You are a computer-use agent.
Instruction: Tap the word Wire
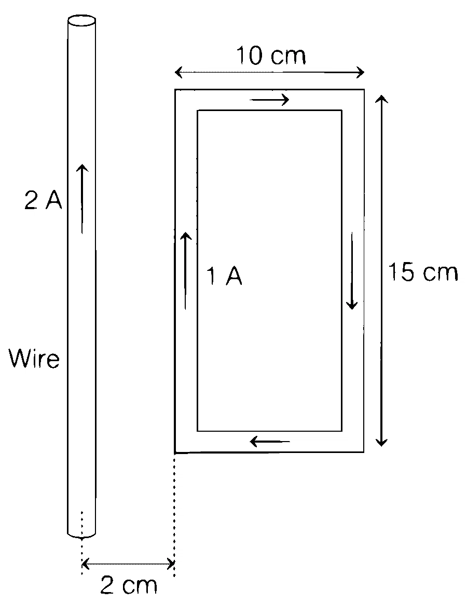pos(34,359)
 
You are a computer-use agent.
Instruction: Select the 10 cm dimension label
pos(271,56)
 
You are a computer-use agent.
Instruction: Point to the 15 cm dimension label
pos(423,271)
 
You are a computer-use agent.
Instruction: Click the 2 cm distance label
pos(129,585)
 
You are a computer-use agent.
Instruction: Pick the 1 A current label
pos(224,276)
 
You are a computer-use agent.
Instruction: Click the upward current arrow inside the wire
pos(81,199)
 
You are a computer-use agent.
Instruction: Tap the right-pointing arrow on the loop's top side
pos(269,100)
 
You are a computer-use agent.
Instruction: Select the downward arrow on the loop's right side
pos(351,271)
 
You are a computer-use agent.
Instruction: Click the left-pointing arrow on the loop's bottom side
pos(270,441)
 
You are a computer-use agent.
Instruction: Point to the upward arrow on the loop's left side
pos(185,271)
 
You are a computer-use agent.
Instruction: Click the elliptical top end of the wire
pos(81,21)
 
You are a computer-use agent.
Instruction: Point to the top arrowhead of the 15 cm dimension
pos(381,99)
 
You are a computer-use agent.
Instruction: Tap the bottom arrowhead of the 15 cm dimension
pos(381,442)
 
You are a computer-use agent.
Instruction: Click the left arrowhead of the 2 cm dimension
pos(86,565)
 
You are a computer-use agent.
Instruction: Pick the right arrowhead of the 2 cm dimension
pos(170,565)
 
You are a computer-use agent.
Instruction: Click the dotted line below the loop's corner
pos(174,515)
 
